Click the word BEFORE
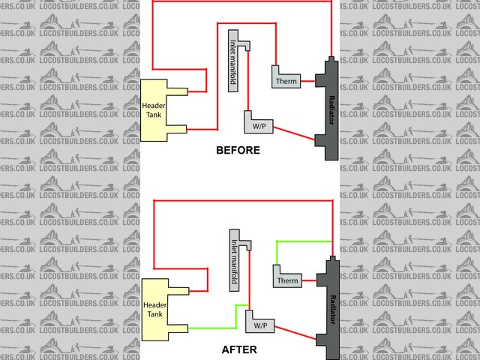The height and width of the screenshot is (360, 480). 238,150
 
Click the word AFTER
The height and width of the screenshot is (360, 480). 239,349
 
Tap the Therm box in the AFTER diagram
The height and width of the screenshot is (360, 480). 286,280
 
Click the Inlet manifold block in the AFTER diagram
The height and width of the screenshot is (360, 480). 233,259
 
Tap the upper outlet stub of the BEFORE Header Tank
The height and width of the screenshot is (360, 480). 178,92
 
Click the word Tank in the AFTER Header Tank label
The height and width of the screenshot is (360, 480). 154,314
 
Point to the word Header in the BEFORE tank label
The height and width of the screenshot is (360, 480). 154,106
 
